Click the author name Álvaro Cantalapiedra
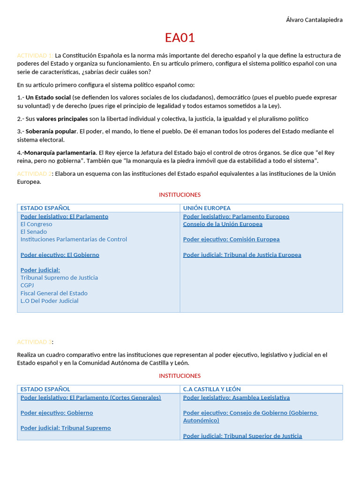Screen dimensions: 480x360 pyautogui.click(x=314, y=20)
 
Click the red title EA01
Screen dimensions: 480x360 pyautogui.click(x=180, y=37)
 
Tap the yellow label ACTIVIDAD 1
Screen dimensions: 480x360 pyautogui.click(x=35, y=55)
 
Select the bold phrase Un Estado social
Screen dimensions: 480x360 pyautogui.click(x=48, y=97)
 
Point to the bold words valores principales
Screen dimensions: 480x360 pyautogui.click(x=62, y=119)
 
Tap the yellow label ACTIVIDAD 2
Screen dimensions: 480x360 pyautogui.click(x=35, y=174)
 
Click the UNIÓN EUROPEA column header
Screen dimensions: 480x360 pyautogui.click(x=207, y=208)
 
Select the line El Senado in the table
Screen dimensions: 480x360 pyautogui.click(x=34, y=232)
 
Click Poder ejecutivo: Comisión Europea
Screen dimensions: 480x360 pyautogui.click(x=231, y=240)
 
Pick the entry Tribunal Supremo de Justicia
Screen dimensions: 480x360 pyautogui.click(x=59, y=277)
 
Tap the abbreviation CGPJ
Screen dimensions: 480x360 pyautogui.click(x=27, y=285)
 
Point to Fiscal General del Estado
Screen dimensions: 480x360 pyautogui.click(x=54, y=293)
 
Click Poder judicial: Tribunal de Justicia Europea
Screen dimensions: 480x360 pyautogui.click(x=242, y=255)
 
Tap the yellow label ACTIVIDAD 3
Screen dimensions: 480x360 pyautogui.click(x=35, y=342)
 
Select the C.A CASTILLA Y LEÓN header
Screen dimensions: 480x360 pyautogui.click(x=212, y=389)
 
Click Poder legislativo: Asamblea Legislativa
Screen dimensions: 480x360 pyautogui.click(x=236, y=397)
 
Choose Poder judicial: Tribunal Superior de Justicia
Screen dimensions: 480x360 pyautogui.click(x=242, y=436)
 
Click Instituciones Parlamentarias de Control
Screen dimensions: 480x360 pyautogui.click(x=74, y=239)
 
